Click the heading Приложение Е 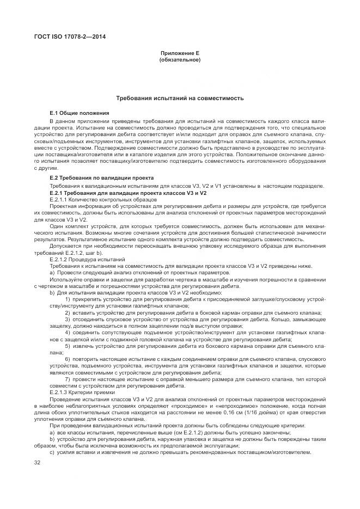click(x=180, y=53)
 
